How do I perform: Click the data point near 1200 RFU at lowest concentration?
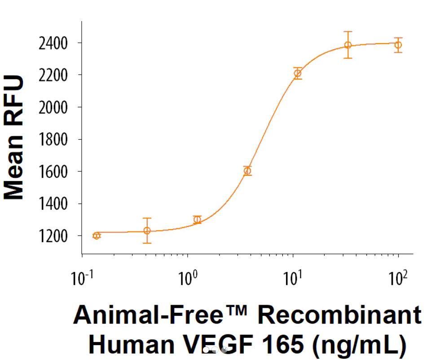97,236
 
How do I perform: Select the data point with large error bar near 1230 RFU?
147,231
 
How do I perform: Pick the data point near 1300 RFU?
197,219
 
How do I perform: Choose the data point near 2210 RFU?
298,73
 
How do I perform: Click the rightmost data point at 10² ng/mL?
398,45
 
